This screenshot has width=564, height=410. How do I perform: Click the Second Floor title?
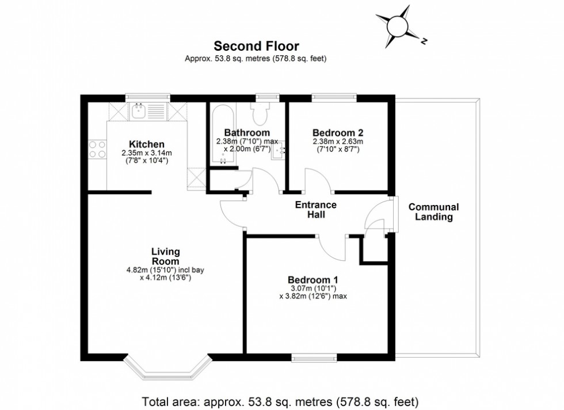[256, 45]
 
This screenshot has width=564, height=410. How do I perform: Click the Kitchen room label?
[147, 144]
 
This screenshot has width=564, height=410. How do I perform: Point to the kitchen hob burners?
[97, 149]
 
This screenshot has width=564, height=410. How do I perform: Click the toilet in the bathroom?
[258, 114]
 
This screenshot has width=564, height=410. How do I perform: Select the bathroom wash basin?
[278, 151]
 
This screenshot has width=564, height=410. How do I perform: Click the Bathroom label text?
[247, 132]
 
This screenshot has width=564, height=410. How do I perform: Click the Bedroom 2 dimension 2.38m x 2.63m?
[338, 142]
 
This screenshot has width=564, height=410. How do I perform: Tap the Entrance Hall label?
[315, 210]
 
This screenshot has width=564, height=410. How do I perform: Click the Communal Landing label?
[433, 212]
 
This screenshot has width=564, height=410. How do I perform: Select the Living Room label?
[166, 256]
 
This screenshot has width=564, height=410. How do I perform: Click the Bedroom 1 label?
[314, 279]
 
